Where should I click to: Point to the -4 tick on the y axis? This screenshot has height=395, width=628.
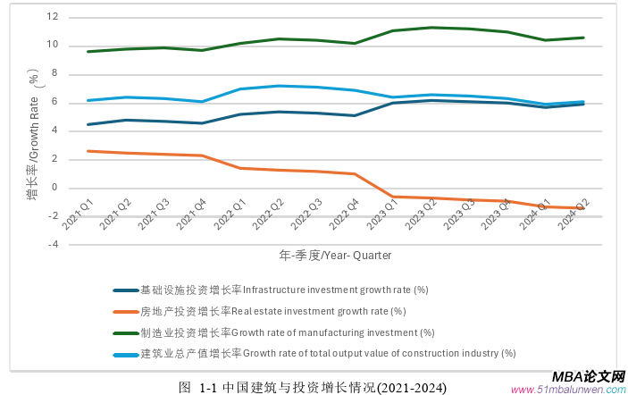tap(54, 245)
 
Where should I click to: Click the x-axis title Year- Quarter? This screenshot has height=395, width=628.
tap(335, 255)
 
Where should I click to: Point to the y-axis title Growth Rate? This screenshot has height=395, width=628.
tap(33, 134)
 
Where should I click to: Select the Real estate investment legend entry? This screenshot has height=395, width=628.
tap(272, 311)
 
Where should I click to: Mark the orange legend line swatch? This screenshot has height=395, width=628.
tap(125, 312)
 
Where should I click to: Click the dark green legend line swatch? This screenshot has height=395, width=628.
tap(125, 332)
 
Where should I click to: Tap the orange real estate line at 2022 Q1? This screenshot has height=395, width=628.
tap(240, 168)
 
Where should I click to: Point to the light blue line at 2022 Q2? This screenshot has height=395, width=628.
tap(279, 86)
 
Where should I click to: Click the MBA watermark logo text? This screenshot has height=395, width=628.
tap(589, 378)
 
